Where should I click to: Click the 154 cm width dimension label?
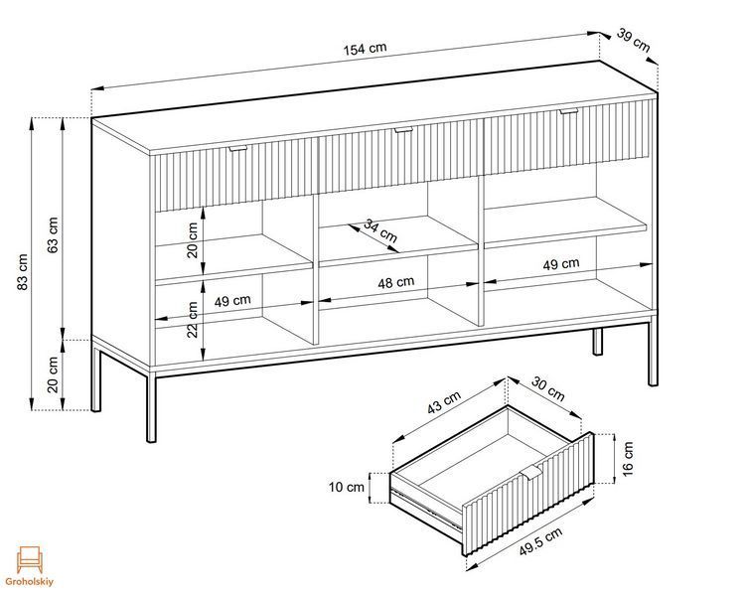(x=366, y=49)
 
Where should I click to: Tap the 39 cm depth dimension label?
(x=633, y=40)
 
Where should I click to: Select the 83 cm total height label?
(x=23, y=271)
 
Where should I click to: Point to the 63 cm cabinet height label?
(x=53, y=235)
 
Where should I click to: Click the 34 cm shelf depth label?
(x=380, y=230)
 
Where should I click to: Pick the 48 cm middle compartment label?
(x=395, y=283)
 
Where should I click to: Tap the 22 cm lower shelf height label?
(x=192, y=319)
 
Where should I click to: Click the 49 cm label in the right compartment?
(x=561, y=264)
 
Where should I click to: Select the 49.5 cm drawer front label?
(x=540, y=541)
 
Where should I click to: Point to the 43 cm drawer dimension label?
(x=444, y=402)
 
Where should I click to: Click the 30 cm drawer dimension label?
(x=547, y=388)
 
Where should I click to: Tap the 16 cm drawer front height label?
(x=628, y=459)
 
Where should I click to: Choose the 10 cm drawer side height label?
(x=347, y=487)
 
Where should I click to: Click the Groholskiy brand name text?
(x=30, y=582)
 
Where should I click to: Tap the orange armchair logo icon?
(x=30, y=559)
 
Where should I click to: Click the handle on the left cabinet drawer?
(x=237, y=148)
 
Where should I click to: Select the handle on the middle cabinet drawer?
(x=403, y=129)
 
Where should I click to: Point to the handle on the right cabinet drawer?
(x=568, y=111)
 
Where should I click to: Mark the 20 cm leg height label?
(x=53, y=374)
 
